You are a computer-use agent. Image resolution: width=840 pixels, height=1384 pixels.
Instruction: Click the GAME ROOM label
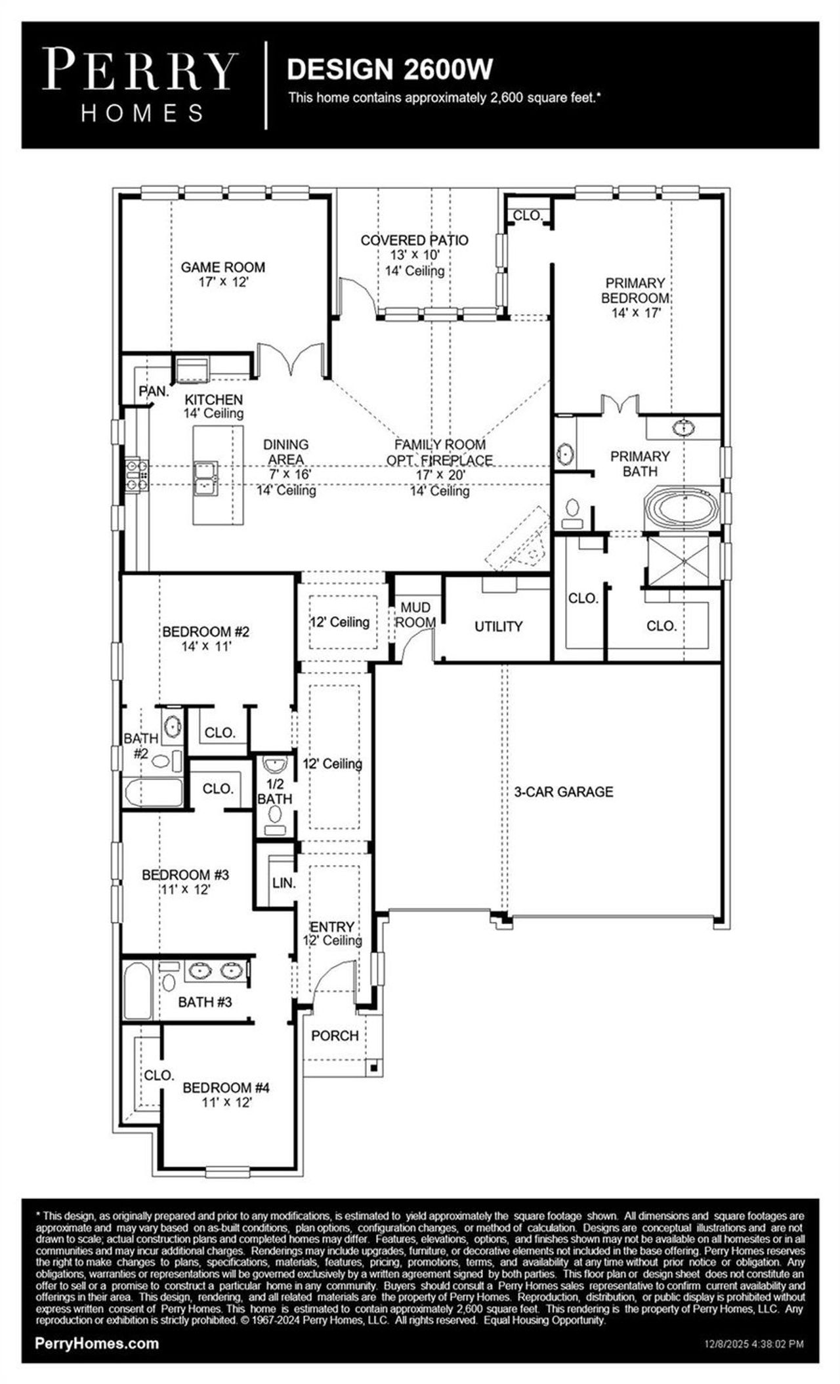222,267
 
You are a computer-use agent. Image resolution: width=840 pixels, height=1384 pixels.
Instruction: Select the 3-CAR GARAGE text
564,792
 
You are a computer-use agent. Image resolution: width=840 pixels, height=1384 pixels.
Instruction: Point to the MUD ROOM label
415,615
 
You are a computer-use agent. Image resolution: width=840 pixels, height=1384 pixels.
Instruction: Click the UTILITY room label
498,627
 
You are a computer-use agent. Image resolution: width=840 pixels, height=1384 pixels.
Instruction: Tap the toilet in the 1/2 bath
275,816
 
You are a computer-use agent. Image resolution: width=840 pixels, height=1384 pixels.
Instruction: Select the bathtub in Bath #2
153,793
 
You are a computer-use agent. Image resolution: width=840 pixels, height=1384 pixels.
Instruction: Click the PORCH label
335,1036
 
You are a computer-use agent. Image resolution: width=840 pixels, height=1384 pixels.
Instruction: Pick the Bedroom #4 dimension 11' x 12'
226,1102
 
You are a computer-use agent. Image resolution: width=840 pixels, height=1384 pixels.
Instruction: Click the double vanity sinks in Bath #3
215,970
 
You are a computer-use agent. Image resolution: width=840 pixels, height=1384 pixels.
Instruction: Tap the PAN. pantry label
154,391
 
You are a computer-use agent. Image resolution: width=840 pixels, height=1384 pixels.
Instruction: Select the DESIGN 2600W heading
390,69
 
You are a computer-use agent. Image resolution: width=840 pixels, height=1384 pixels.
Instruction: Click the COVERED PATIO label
414,240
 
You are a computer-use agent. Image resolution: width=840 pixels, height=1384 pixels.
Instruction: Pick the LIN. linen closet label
283,883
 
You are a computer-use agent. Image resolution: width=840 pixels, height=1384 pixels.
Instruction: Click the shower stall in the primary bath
680,562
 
